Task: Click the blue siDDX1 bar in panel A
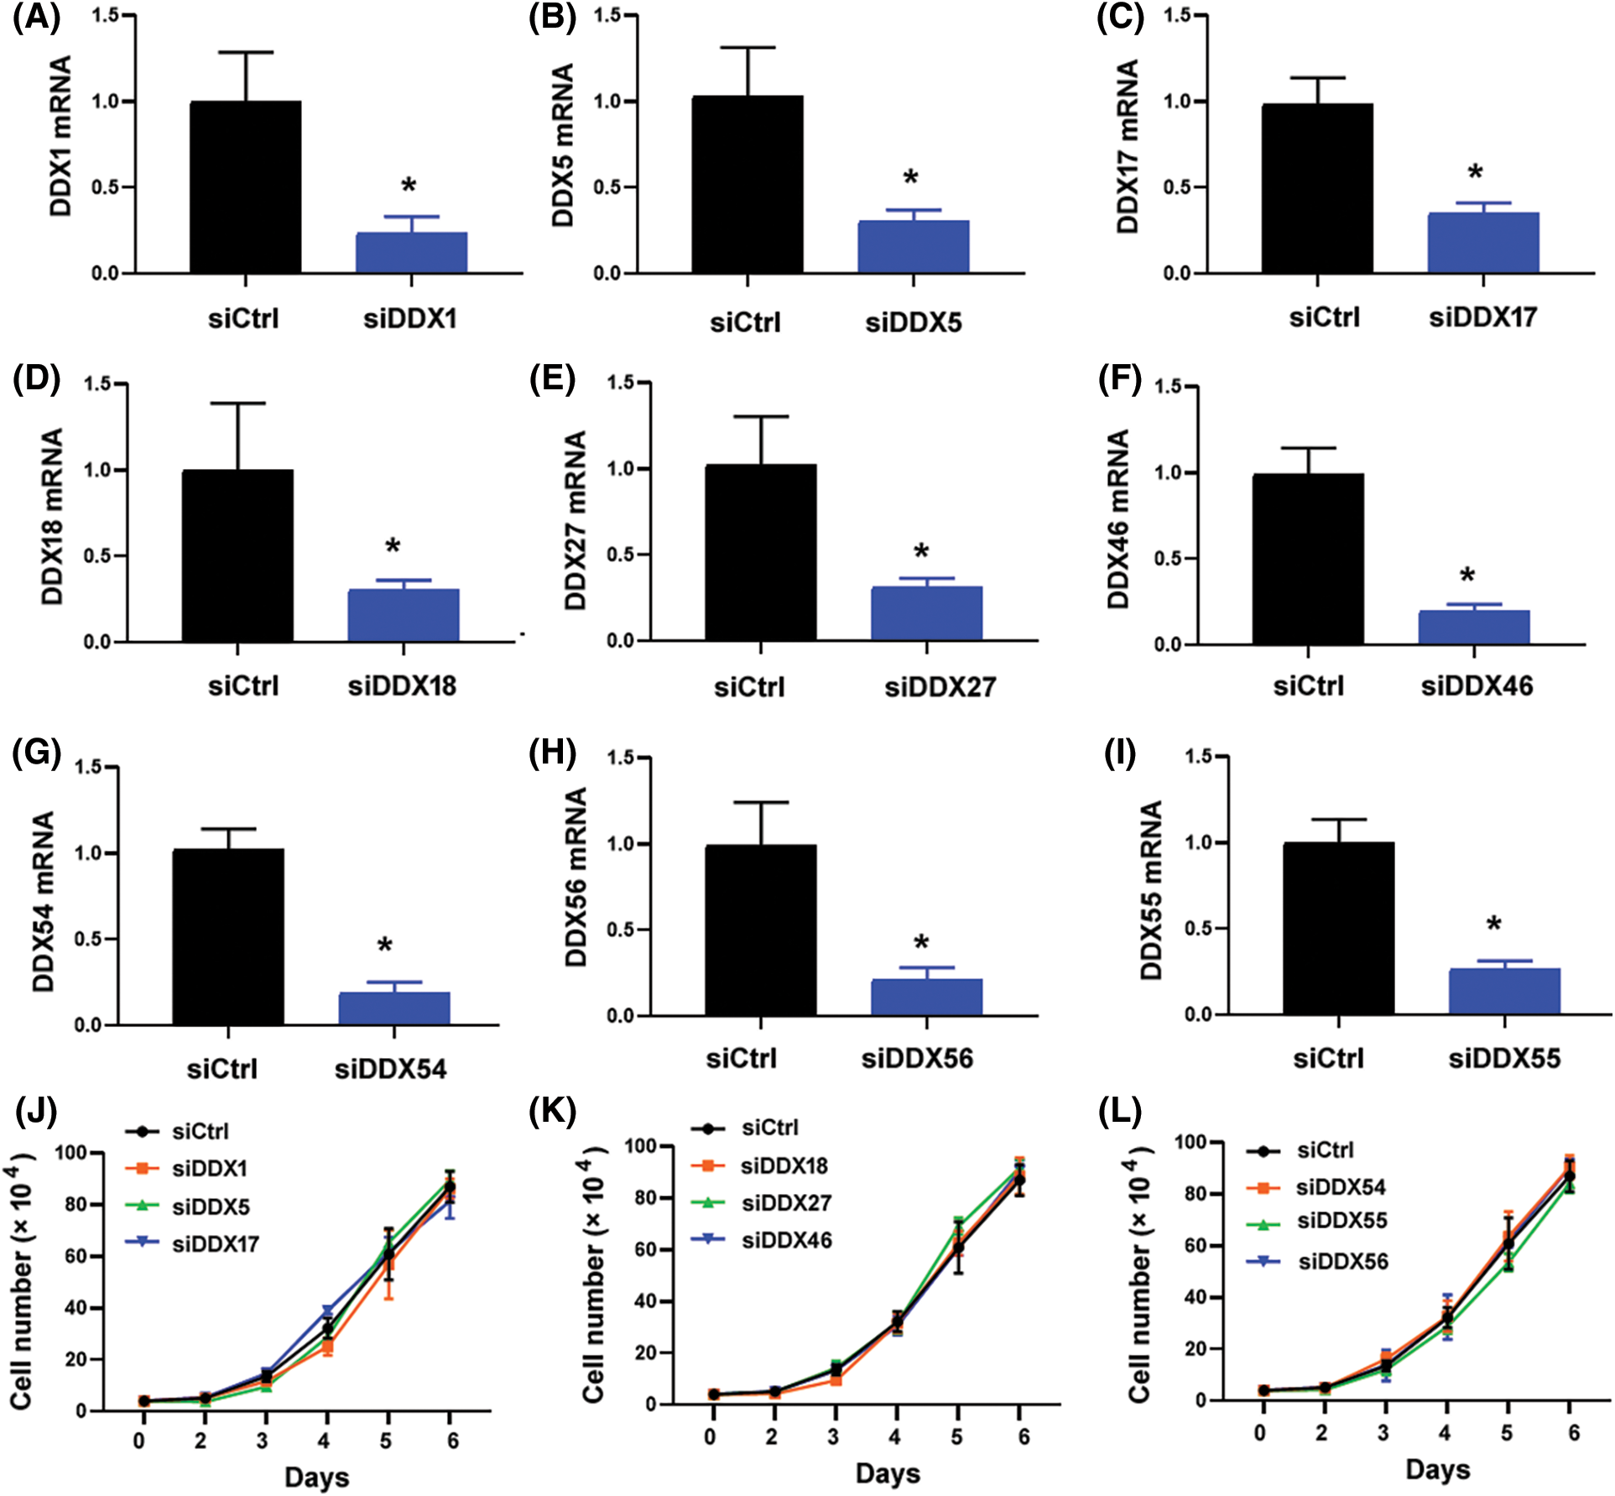pyautogui.click(x=411, y=253)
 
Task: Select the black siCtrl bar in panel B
pyautogui.click(x=747, y=185)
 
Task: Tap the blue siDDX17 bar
pyautogui.click(x=1482, y=242)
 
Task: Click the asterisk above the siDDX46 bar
pyautogui.click(x=1467, y=576)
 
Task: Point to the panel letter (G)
pyautogui.click(x=36, y=753)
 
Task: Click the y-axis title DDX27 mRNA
pyautogui.click(x=576, y=520)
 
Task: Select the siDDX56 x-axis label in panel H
pyautogui.click(x=917, y=1059)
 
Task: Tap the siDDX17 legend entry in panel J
pyautogui.click(x=215, y=1243)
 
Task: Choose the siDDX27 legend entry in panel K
pyautogui.click(x=785, y=1203)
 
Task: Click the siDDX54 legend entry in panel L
pyautogui.click(x=1340, y=1187)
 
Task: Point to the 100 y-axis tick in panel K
pyautogui.click(x=640, y=1145)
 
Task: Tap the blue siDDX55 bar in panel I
pyautogui.click(x=1504, y=991)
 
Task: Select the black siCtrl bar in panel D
pyautogui.click(x=237, y=555)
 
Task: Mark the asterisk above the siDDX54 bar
pyautogui.click(x=385, y=946)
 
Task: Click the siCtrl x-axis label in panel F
pyautogui.click(x=1308, y=686)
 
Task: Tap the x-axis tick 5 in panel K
pyautogui.click(x=956, y=1436)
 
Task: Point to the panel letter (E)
pyautogui.click(x=553, y=379)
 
